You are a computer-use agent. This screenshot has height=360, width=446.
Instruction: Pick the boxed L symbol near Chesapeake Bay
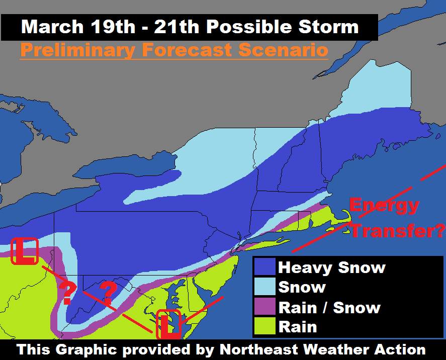169,324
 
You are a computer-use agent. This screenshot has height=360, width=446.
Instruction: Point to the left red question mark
67,293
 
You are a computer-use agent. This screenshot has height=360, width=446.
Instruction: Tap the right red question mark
108,291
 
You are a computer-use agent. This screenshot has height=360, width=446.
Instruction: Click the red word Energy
384,205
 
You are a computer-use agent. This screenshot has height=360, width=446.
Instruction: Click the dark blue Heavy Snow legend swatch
264,267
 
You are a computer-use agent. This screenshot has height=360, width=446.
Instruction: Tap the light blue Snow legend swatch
264,287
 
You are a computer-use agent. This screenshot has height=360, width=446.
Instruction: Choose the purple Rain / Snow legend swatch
264,307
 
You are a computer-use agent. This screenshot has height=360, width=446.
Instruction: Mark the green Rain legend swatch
264,326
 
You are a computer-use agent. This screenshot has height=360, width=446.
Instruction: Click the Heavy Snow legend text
332,267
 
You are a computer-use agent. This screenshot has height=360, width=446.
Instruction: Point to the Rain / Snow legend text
329,307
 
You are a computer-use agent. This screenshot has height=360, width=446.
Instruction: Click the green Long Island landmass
272,243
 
